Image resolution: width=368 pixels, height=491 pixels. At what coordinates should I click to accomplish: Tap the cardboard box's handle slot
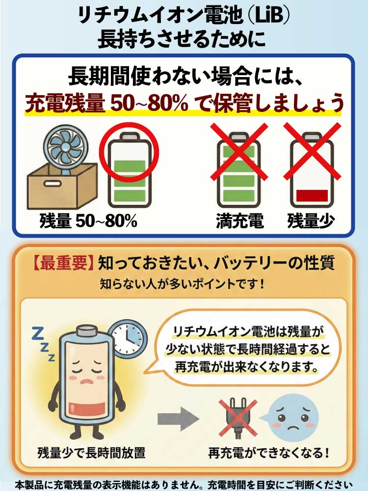pos(53,184)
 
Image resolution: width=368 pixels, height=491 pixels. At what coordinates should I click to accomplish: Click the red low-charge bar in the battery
pos(312,196)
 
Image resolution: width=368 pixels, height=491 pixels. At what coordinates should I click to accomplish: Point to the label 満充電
pos(240,221)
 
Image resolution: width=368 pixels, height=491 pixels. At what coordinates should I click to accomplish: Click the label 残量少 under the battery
pos(311,221)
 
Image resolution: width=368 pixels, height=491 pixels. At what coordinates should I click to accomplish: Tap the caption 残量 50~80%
pos(88,221)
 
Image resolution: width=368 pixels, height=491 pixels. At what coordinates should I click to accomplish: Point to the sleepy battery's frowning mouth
pos(88,382)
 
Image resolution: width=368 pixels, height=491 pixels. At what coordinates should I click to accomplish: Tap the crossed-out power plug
pos(238,418)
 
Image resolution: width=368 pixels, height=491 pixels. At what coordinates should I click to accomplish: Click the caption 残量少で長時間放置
pos(91,453)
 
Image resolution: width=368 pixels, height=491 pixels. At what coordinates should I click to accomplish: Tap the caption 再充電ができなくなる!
pos(269,453)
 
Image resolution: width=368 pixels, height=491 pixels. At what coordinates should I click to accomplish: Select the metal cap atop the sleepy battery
pos(87,330)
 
